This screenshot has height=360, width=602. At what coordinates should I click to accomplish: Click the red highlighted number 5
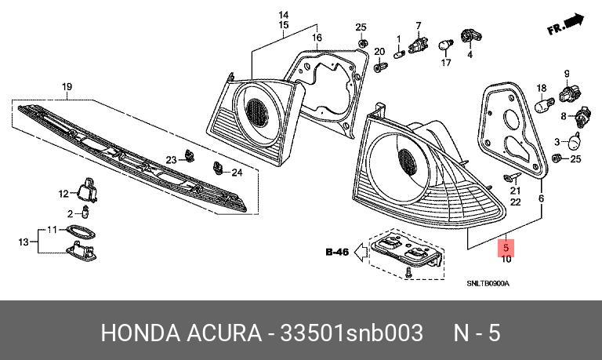(506, 248)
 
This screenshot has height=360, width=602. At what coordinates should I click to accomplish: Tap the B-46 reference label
(337, 252)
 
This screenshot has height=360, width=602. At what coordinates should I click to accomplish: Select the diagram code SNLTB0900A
(488, 284)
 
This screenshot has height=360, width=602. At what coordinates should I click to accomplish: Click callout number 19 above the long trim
(67, 87)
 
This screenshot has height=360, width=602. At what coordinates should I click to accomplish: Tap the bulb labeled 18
(545, 104)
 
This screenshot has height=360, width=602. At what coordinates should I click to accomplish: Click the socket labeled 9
(570, 94)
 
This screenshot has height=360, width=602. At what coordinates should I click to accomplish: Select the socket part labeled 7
(419, 44)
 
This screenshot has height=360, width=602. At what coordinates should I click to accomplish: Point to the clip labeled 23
(189, 155)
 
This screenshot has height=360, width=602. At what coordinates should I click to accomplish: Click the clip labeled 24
(218, 168)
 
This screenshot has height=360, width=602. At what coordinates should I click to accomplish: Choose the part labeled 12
(88, 190)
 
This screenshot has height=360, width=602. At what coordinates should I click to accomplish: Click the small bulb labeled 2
(85, 212)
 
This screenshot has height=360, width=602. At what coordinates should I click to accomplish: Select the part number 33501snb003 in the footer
(352, 333)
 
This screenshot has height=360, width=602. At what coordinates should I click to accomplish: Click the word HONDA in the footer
(140, 333)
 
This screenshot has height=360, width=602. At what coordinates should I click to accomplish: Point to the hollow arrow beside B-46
(361, 253)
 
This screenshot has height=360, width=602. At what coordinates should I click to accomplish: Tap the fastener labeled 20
(380, 66)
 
